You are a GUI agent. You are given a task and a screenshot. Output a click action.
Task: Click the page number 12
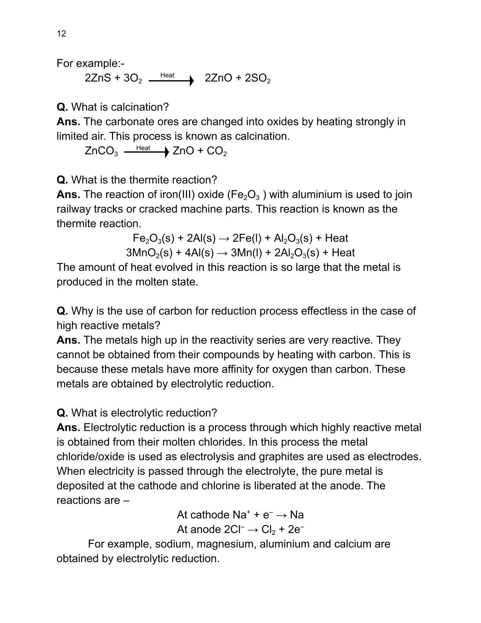click(61, 33)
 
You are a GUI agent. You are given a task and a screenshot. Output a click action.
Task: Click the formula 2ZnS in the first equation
click(98, 78)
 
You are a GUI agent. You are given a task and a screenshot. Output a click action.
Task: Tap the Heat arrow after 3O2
click(171, 80)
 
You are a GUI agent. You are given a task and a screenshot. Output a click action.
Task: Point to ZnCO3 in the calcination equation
click(101, 151)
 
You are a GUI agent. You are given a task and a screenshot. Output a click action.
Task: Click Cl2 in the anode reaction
click(268, 529)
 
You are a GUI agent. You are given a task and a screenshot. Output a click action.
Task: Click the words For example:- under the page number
click(90, 63)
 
